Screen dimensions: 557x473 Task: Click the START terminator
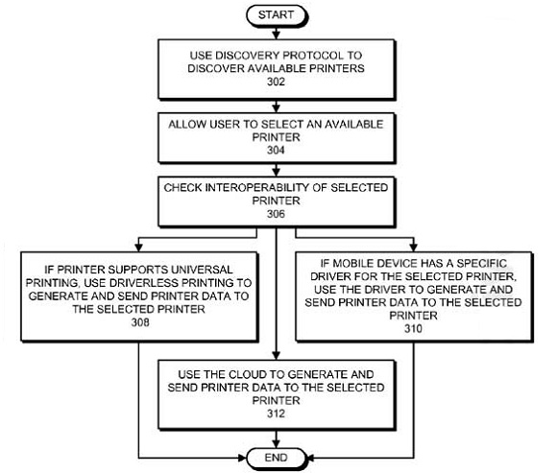coord(276,15)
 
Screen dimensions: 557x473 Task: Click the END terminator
coord(276,458)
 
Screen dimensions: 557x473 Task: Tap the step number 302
coord(276,82)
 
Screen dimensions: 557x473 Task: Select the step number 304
coord(276,150)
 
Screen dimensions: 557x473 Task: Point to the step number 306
coord(276,214)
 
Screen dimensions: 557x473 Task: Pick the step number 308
coord(140,322)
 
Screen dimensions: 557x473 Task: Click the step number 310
coord(413,328)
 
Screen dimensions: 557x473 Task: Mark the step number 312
coord(276,414)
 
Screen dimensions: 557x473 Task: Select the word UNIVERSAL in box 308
coord(202,270)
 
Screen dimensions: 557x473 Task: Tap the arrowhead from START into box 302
coord(276,35)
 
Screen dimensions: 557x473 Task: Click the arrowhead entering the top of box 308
coord(139,248)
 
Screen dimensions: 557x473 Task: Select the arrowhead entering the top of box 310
coord(413,248)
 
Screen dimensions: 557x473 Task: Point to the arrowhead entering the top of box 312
coord(276,355)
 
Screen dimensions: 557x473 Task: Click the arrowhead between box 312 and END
coord(276,443)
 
